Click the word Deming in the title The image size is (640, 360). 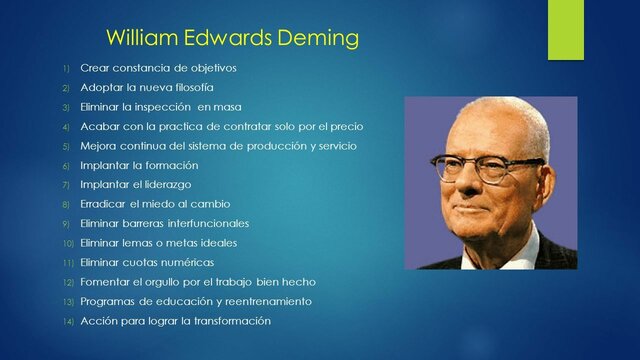point(318,40)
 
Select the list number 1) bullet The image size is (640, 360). point(65,68)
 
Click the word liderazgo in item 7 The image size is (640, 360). point(163,184)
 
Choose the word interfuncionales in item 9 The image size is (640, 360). point(205,223)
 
